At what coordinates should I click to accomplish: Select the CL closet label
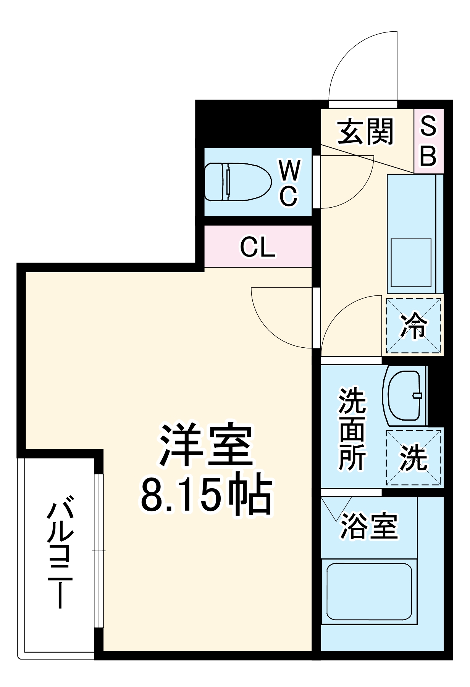click(258, 247)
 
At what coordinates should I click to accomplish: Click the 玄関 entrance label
click(365, 132)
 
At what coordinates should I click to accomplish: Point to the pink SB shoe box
click(428, 141)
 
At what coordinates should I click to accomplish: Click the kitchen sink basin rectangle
click(411, 262)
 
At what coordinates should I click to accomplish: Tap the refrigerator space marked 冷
click(413, 326)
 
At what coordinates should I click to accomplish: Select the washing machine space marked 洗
click(413, 458)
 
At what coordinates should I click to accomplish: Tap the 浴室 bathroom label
click(369, 526)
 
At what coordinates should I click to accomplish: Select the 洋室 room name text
click(206, 445)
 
